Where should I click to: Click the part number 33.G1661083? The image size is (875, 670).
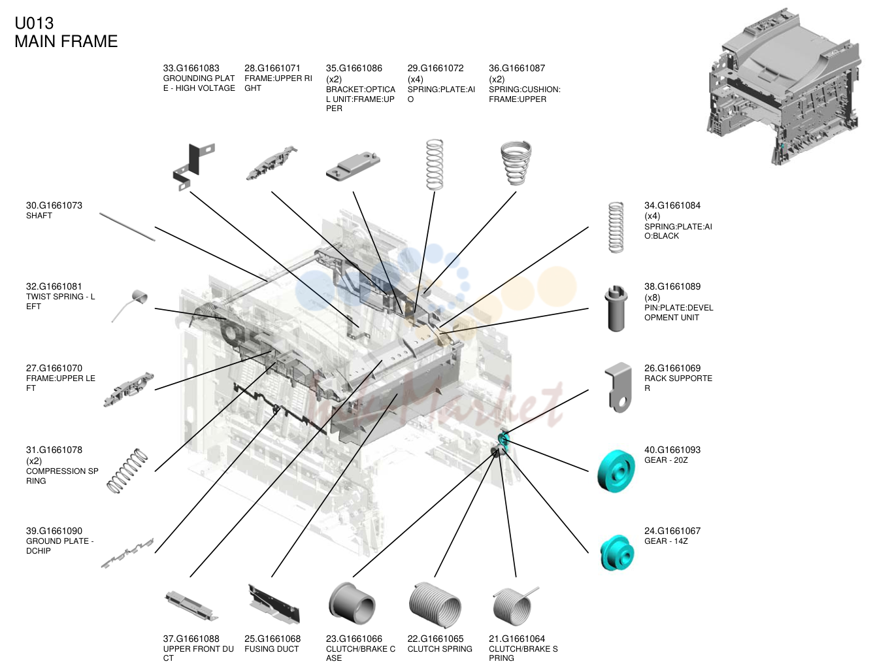(x=191, y=68)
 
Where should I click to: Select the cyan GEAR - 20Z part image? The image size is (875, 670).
(x=616, y=471)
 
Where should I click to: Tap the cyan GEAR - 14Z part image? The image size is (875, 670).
(x=617, y=552)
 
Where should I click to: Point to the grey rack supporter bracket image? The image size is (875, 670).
(x=618, y=386)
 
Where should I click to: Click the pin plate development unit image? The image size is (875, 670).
(x=616, y=308)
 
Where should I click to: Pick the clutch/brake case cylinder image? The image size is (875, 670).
(x=352, y=603)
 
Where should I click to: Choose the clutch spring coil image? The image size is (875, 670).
(x=435, y=605)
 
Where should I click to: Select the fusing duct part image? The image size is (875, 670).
(x=274, y=604)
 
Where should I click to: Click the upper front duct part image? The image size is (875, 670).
(x=191, y=606)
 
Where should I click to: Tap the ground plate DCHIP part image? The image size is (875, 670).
(x=127, y=553)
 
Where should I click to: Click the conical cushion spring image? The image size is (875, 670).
(x=516, y=163)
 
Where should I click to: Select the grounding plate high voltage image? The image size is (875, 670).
(x=193, y=165)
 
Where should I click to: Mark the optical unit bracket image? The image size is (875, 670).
(x=353, y=166)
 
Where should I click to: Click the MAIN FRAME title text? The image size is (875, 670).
(x=66, y=41)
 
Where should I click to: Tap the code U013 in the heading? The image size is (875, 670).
(x=34, y=24)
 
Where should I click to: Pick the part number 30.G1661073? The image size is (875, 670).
(x=54, y=205)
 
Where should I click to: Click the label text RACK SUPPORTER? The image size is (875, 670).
(x=678, y=383)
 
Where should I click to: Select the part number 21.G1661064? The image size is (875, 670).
(x=517, y=639)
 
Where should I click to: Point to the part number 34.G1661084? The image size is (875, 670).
(x=672, y=205)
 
